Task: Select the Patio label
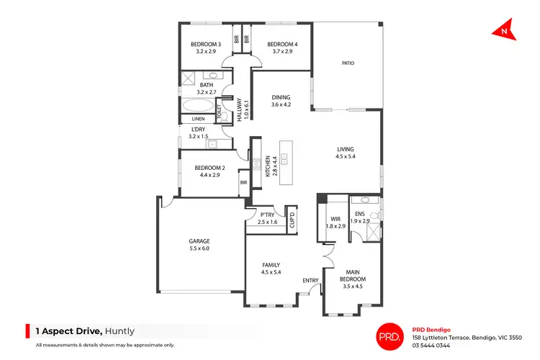pos(348,63)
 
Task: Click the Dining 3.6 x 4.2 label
pos(281,101)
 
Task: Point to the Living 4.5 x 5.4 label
pos(346,153)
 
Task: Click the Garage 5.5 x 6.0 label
pos(199,244)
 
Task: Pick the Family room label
pos(271,269)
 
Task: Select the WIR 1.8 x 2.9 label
pos(336,222)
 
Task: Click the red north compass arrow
pos(503,30)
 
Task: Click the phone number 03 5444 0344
pos(432,346)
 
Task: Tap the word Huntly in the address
pos(120,332)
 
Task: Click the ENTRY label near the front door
pos(310,281)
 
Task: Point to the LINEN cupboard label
pos(199,119)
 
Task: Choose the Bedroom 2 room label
pos(210,171)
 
